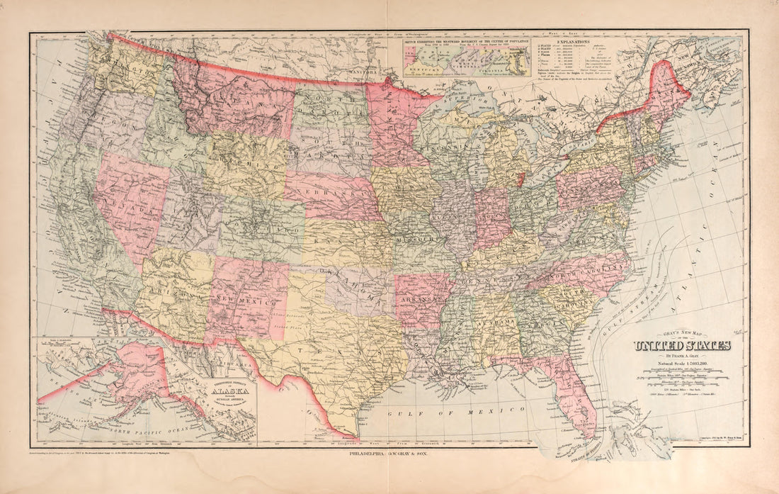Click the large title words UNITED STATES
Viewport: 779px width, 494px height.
(681, 346)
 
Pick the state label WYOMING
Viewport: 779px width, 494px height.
(244, 162)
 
